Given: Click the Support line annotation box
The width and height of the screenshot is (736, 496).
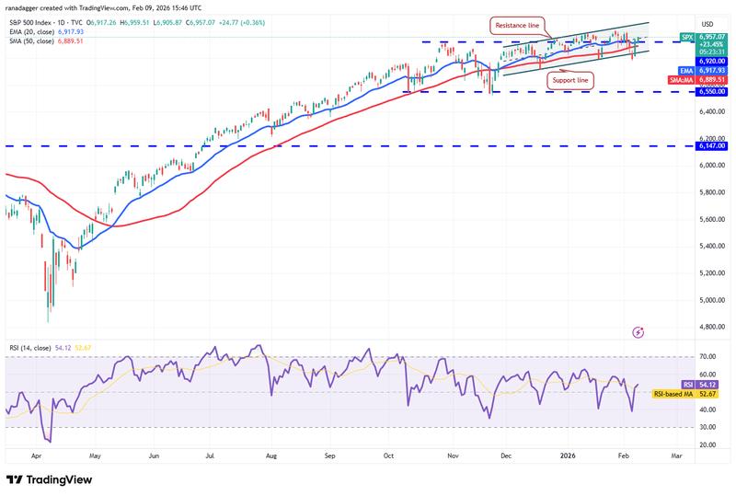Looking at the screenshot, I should (x=570, y=81).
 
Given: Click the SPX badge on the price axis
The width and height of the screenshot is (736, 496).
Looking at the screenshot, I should (x=685, y=37).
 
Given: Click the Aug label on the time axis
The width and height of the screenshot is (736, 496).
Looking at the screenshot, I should (x=271, y=455).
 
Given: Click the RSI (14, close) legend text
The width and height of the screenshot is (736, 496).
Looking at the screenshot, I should (x=37, y=349).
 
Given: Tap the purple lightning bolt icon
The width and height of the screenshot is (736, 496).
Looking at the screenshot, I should (x=638, y=331).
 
